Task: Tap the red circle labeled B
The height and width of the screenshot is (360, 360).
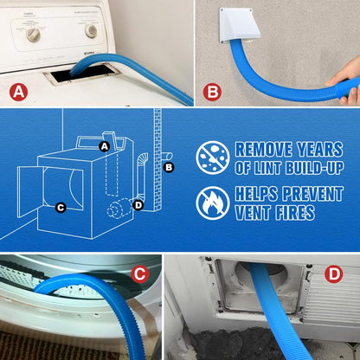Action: pyautogui.click(x=213, y=91)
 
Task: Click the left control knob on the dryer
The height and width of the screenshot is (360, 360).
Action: pyautogui.click(x=34, y=35)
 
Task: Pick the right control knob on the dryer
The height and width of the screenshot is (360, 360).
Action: pyautogui.click(x=91, y=30)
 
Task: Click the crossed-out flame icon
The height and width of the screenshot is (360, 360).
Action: pyautogui.click(x=213, y=202)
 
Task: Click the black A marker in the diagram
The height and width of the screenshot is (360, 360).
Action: pyautogui.click(x=105, y=147)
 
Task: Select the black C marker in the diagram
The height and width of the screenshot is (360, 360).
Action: pyautogui.click(x=60, y=207)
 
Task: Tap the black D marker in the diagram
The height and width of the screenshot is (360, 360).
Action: pyautogui.click(x=138, y=204)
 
